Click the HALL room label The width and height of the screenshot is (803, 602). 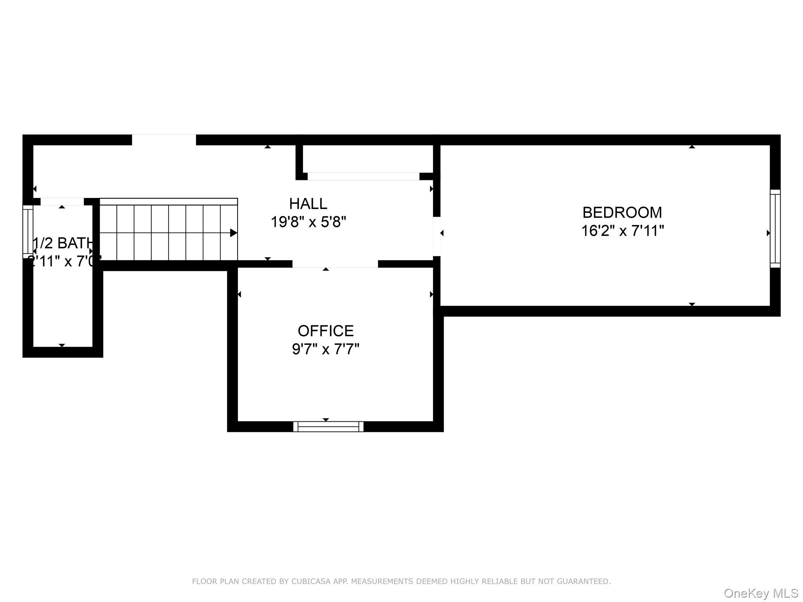(x=308, y=204)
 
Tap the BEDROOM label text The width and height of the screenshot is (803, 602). (x=622, y=213)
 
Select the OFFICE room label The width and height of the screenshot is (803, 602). (x=325, y=331)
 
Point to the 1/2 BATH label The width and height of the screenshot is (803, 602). (x=63, y=243)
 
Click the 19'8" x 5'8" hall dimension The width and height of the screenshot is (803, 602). (x=308, y=222)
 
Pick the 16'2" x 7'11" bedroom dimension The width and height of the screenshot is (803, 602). (x=622, y=231)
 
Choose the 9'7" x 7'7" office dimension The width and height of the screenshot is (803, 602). (x=325, y=349)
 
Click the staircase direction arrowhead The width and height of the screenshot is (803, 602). (x=233, y=233)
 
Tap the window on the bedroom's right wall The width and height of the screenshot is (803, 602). (x=775, y=228)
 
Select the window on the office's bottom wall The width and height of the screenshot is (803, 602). (x=328, y=426)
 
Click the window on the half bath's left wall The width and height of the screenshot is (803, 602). (x=28, y=231)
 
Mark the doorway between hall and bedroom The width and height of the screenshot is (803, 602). (x=437, y=236)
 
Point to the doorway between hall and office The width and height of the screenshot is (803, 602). (x=335, y=264)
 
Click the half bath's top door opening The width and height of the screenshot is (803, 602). (x=62, y=201)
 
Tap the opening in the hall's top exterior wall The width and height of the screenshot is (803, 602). (x=164, y=140)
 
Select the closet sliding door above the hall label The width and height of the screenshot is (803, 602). (x=363, y=176)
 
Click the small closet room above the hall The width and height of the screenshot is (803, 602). (x=367, y=158)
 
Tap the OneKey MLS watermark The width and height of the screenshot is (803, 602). (x=761, y=593)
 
